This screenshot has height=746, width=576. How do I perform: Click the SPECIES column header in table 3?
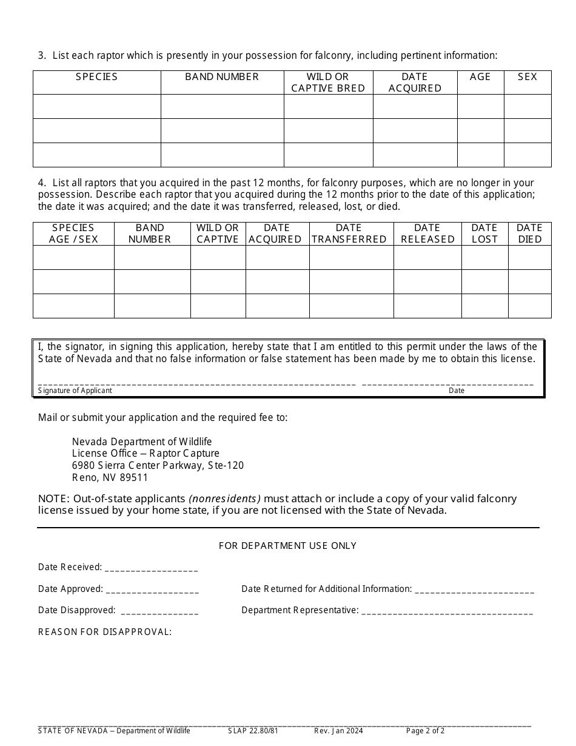(96, 77)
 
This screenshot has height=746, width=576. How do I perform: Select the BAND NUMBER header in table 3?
(222, 77)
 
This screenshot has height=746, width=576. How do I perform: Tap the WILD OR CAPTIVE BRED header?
(328, 82)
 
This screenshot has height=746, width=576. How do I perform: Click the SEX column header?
(527, 77)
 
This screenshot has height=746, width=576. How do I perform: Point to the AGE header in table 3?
(480, 77)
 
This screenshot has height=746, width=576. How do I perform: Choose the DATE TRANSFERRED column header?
(349, 234)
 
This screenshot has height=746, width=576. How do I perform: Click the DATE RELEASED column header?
(427, 234)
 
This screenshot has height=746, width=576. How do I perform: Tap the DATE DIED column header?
(529, 234)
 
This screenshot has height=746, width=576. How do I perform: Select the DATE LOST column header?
(484, 234)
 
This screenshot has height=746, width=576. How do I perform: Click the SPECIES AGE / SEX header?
(73, 234)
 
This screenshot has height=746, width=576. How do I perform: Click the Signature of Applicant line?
(196, 382)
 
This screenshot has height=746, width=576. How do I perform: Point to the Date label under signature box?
(457, 391)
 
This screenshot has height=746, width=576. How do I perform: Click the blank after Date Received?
(152, 568)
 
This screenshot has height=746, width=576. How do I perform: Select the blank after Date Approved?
(152, 590)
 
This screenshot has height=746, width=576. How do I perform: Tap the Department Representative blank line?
(447, 611)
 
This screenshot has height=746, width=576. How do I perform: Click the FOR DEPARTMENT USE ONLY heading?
(287, 546)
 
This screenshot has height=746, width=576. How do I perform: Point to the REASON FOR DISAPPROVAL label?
(105, 632)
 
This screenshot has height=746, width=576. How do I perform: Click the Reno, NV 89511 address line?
(110, 477)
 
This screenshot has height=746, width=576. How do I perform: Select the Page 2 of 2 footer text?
(425, 731)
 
